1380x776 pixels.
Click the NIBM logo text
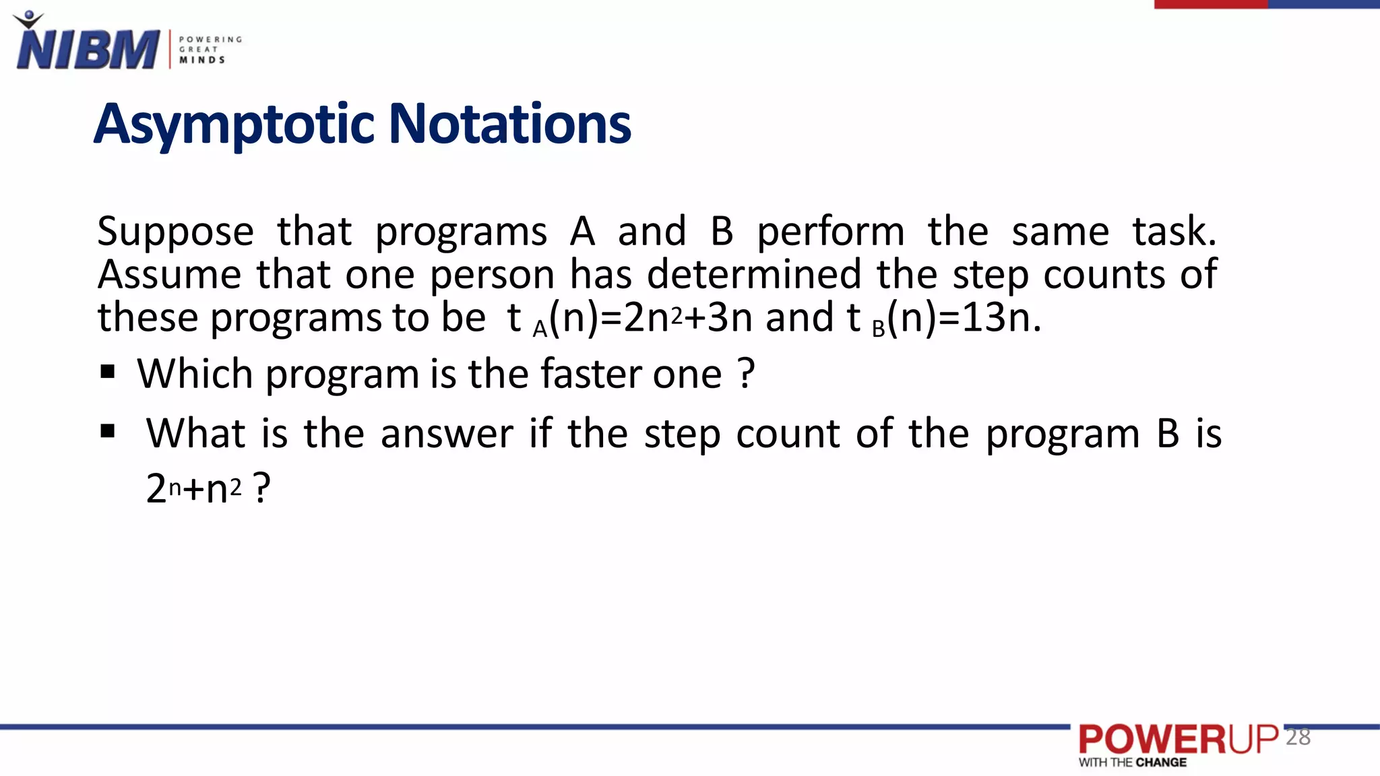pos(88,50)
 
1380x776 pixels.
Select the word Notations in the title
pos(510,125)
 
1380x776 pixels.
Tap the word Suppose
pos(175,232)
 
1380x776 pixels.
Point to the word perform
pos(830,232)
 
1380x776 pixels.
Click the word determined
pos(754,275)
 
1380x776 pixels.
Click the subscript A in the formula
pos(540,329)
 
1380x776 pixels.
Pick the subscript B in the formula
pos(878,329)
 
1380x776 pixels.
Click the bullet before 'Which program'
pos(107,372)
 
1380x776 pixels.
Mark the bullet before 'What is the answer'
pos(107,431)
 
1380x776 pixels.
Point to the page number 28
pos(1298,737)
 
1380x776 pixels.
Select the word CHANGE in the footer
pos(1161,763)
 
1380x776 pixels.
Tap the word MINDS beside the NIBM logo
pos(202,60)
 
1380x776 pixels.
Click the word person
pos(492,275)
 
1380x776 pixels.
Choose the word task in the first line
pos(1174,232)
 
